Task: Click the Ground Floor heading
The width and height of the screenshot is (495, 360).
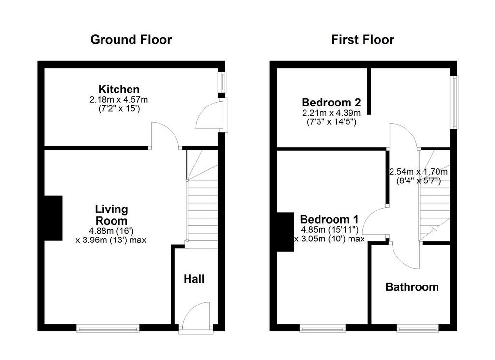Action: tap(131, 40)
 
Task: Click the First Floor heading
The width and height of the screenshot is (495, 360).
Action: tap(363, 40)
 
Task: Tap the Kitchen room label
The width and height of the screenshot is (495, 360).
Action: tap(119, 89)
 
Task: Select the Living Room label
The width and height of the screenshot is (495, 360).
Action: tap(112, 215)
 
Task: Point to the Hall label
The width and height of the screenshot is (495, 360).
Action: tap(194, 279)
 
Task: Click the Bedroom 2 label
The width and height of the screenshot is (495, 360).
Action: tap(331, 102)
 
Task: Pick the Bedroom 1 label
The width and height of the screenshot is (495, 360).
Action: tap(329, 219)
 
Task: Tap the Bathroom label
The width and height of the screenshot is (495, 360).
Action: tap(412, 287)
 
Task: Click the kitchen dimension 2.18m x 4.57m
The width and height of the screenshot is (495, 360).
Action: tap(119, 100)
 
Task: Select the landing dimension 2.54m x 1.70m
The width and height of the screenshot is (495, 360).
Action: tap(418, 172)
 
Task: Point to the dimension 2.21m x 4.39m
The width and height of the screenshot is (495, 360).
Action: tap(331, 113)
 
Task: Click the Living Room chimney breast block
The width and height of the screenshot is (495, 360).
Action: tap(53, 218)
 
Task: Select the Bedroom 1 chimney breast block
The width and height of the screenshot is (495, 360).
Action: tap(285, 232)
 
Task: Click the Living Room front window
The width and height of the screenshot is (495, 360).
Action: tap(108, 329)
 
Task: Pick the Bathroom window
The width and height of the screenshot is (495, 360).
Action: tap(418, 329)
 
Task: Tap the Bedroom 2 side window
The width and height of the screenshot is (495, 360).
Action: tap(454, 102)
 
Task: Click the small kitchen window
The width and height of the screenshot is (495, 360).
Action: tap(222, 82)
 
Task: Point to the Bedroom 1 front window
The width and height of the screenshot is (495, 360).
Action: tap(322, 329)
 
